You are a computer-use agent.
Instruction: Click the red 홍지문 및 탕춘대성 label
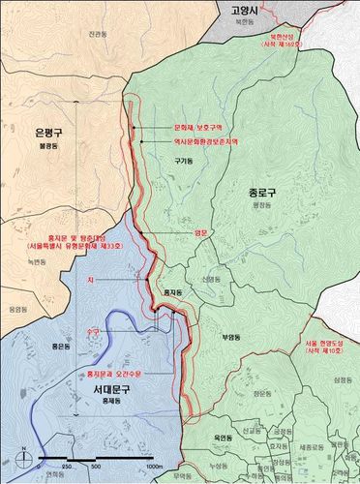tap(55, 238)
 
